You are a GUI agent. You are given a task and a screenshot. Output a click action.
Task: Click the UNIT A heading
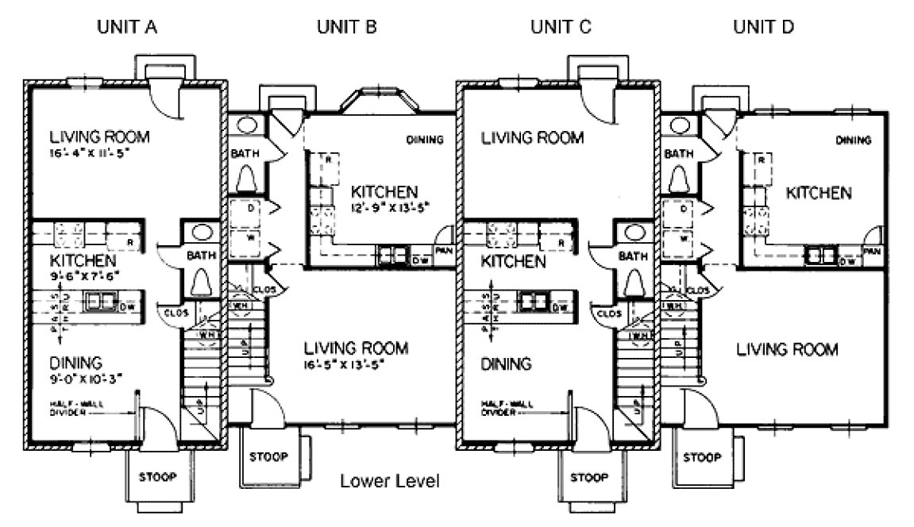(x=127, y=27)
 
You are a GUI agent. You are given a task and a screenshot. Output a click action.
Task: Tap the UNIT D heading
(x=763, y=27)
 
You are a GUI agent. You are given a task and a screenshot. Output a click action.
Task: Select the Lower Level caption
(x=390, y=481)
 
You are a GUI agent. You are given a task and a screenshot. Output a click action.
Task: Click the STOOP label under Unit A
(x=156, y=477)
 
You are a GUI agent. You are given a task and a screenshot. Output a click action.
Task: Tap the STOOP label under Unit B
(x=268, y=458)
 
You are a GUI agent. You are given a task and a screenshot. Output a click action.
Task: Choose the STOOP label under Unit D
(x=701, y=458)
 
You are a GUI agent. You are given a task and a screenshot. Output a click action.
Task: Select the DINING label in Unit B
(x=425, y=140)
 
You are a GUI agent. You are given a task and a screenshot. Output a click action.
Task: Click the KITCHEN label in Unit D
(x=820, y=192)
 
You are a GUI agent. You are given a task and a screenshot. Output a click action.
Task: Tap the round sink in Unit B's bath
(x=245, y=125)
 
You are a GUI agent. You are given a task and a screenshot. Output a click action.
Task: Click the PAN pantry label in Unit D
(x=873, y=252)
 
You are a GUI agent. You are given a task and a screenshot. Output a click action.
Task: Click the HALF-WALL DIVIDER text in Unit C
(x=507, y=409)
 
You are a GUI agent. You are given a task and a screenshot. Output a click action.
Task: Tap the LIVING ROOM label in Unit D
(x=786, y=348)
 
